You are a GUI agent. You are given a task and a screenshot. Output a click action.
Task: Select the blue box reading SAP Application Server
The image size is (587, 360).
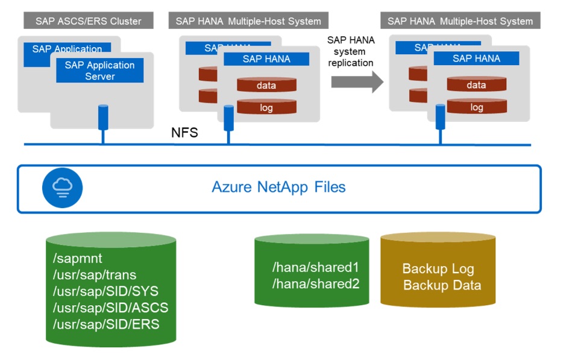[99, 71]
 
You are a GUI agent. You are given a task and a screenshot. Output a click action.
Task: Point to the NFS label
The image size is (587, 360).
[184, 133]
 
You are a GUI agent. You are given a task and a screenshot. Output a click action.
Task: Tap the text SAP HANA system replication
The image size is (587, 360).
[351, 51]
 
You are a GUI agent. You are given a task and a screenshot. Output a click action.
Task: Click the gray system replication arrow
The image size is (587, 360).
[357, 81]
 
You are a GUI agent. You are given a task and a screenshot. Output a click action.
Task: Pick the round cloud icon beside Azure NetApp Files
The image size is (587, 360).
[62, 188]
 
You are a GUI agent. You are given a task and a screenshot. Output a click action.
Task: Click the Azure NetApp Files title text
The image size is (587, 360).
[278, 187]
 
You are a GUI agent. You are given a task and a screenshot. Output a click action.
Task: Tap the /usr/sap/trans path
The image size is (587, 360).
[95, 275]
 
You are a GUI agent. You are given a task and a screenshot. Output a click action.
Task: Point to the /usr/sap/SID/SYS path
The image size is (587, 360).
[106, 291]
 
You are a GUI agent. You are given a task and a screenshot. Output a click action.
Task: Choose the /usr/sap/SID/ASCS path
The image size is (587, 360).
[110, 308]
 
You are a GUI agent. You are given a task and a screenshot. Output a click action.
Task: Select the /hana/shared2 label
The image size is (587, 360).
[316, 283]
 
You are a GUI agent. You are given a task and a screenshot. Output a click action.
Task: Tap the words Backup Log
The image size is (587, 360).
[438, 269]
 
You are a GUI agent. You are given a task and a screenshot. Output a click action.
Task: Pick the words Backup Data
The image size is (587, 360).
[442, 285]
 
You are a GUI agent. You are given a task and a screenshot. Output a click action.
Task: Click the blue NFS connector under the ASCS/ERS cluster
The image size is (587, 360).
[102, 118]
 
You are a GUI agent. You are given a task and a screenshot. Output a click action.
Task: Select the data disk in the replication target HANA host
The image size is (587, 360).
[476, 85]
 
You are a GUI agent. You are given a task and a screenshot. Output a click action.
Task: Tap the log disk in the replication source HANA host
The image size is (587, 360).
[266, 107]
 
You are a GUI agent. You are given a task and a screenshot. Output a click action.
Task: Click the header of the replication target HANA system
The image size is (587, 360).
[460, 21]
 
